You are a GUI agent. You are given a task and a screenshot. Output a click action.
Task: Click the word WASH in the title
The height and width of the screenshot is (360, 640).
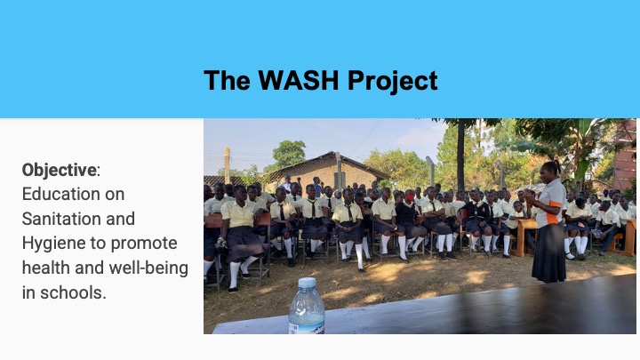pyautogui.click(x=299, y=80)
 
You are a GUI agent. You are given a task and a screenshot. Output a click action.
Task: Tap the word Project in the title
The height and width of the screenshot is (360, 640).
pyautogui.click(x=393, y=81)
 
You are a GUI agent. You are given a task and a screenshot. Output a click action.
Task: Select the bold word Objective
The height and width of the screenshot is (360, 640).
pyautogui.click(x=60, y=170)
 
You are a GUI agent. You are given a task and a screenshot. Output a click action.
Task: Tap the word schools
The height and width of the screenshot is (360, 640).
pyautogui.click(x=73, y=292)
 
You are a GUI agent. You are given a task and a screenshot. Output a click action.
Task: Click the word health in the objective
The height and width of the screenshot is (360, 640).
pyautogui.click(x=46, y=268)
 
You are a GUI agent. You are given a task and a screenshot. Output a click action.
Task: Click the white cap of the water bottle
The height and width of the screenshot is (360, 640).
pyautogui.click(x=307, y=283)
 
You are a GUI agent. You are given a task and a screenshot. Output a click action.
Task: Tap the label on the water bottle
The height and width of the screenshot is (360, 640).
pyautogui.click(x=306, y=328)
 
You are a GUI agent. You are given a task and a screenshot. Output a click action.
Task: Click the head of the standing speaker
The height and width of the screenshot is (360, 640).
pyautogui.click(x=549, y=172)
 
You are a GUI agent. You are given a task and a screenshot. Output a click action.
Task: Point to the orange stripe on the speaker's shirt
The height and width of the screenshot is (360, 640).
pyautogui.click(x=554, y=212)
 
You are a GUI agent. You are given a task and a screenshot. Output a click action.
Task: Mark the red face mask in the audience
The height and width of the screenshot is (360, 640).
pyautogui.click(x=410, y=198)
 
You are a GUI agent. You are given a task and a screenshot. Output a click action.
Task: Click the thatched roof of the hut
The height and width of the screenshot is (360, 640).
pyautogui.click(x=326, y=163)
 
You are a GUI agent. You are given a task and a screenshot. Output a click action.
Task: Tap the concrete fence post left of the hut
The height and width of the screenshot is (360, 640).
pyautogui.click(x=227, y=165)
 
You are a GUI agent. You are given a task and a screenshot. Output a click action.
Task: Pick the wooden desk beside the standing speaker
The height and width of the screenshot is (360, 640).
pyautogui.click(x=525, y=236)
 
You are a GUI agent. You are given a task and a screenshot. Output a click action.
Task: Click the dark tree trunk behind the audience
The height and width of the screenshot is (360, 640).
pyautogui.click(x=460, y=155)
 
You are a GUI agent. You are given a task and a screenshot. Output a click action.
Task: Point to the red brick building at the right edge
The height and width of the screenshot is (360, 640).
pyautogui.click(x=625, y=155)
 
